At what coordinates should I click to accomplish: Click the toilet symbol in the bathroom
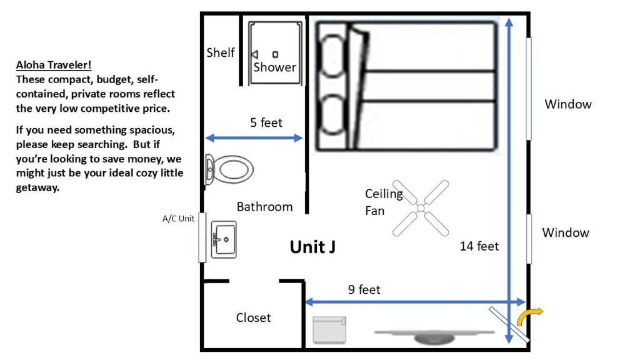point(229,169)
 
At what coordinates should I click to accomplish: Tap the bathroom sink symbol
point(224,239)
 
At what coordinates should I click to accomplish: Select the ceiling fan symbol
point(421,208)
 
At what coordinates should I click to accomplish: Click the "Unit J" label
point(312,247)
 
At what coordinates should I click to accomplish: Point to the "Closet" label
point(253,317)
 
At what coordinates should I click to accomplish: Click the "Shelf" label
point(221,52)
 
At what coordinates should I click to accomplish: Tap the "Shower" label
point(275,67)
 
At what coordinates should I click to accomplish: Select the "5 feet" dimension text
point(266,122)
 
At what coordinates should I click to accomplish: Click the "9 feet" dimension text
point(364,289)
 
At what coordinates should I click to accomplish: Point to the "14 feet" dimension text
point(479,246)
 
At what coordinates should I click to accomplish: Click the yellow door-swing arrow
point(529,315)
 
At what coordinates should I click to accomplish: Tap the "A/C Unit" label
point(178,218)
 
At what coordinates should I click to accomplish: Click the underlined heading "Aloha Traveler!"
point(54,65)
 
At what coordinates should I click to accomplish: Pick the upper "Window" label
point(568,104)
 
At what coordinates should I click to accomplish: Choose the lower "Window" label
point(566,232)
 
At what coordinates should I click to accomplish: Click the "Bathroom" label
point(264,207)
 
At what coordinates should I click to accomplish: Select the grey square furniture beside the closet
point(329,330)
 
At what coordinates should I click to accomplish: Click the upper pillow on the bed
point(332,56)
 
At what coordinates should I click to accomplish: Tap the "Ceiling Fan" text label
point(384,202)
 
